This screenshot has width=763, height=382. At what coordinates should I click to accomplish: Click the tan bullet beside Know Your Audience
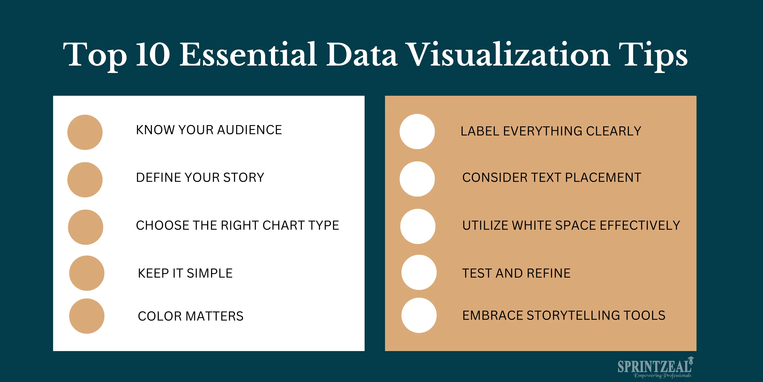[85, 132]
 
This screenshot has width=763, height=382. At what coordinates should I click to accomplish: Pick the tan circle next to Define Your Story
[85, 180]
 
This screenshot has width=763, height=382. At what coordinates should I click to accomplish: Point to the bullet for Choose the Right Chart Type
[86, 227]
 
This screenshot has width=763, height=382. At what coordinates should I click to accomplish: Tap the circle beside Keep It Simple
[87, 273]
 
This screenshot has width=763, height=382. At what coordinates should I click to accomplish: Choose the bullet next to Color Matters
[87, 316]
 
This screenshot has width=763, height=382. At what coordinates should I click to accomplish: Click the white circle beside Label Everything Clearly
[417, 131]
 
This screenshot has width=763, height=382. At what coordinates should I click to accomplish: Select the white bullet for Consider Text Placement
[417, 179]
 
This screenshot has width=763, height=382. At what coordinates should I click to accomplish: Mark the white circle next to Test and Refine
[419, 272]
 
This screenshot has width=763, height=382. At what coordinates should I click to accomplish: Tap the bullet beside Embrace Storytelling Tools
[419, 315]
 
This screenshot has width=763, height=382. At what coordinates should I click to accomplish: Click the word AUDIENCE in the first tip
[249, 130]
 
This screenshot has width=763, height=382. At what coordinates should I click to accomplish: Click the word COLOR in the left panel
[160, 316]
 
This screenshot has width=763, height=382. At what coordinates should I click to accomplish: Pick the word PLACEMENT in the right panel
[603, 177]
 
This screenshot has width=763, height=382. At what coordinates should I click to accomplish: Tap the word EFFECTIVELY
[640, 225]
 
